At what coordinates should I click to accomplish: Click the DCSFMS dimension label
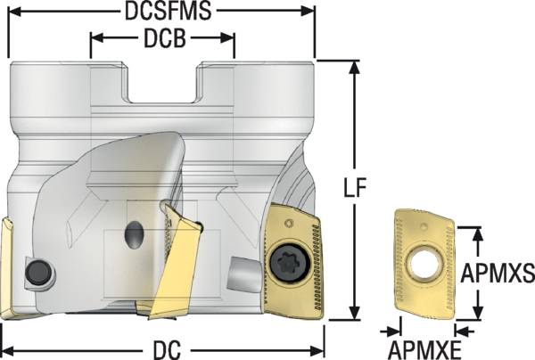coord(161,12)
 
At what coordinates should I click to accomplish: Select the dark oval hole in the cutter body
coord(134,235)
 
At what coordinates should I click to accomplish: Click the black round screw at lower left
coord(37,273)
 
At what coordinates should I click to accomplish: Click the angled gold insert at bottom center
coord(175,264)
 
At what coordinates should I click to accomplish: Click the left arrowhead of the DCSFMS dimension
coord(12,12)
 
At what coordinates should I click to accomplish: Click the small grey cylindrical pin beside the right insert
coord(244,268)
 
